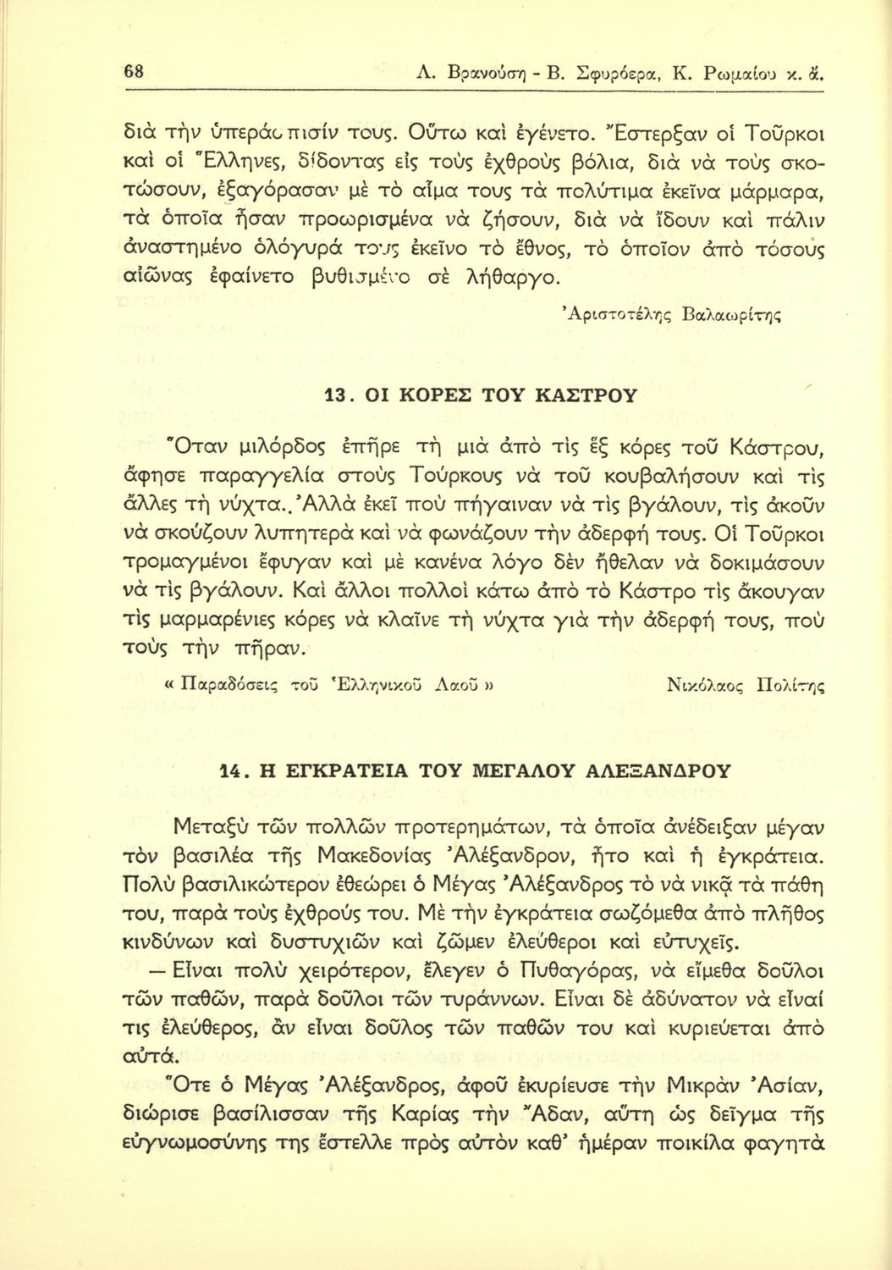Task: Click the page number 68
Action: pyautogui.click(x=133, y=73)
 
